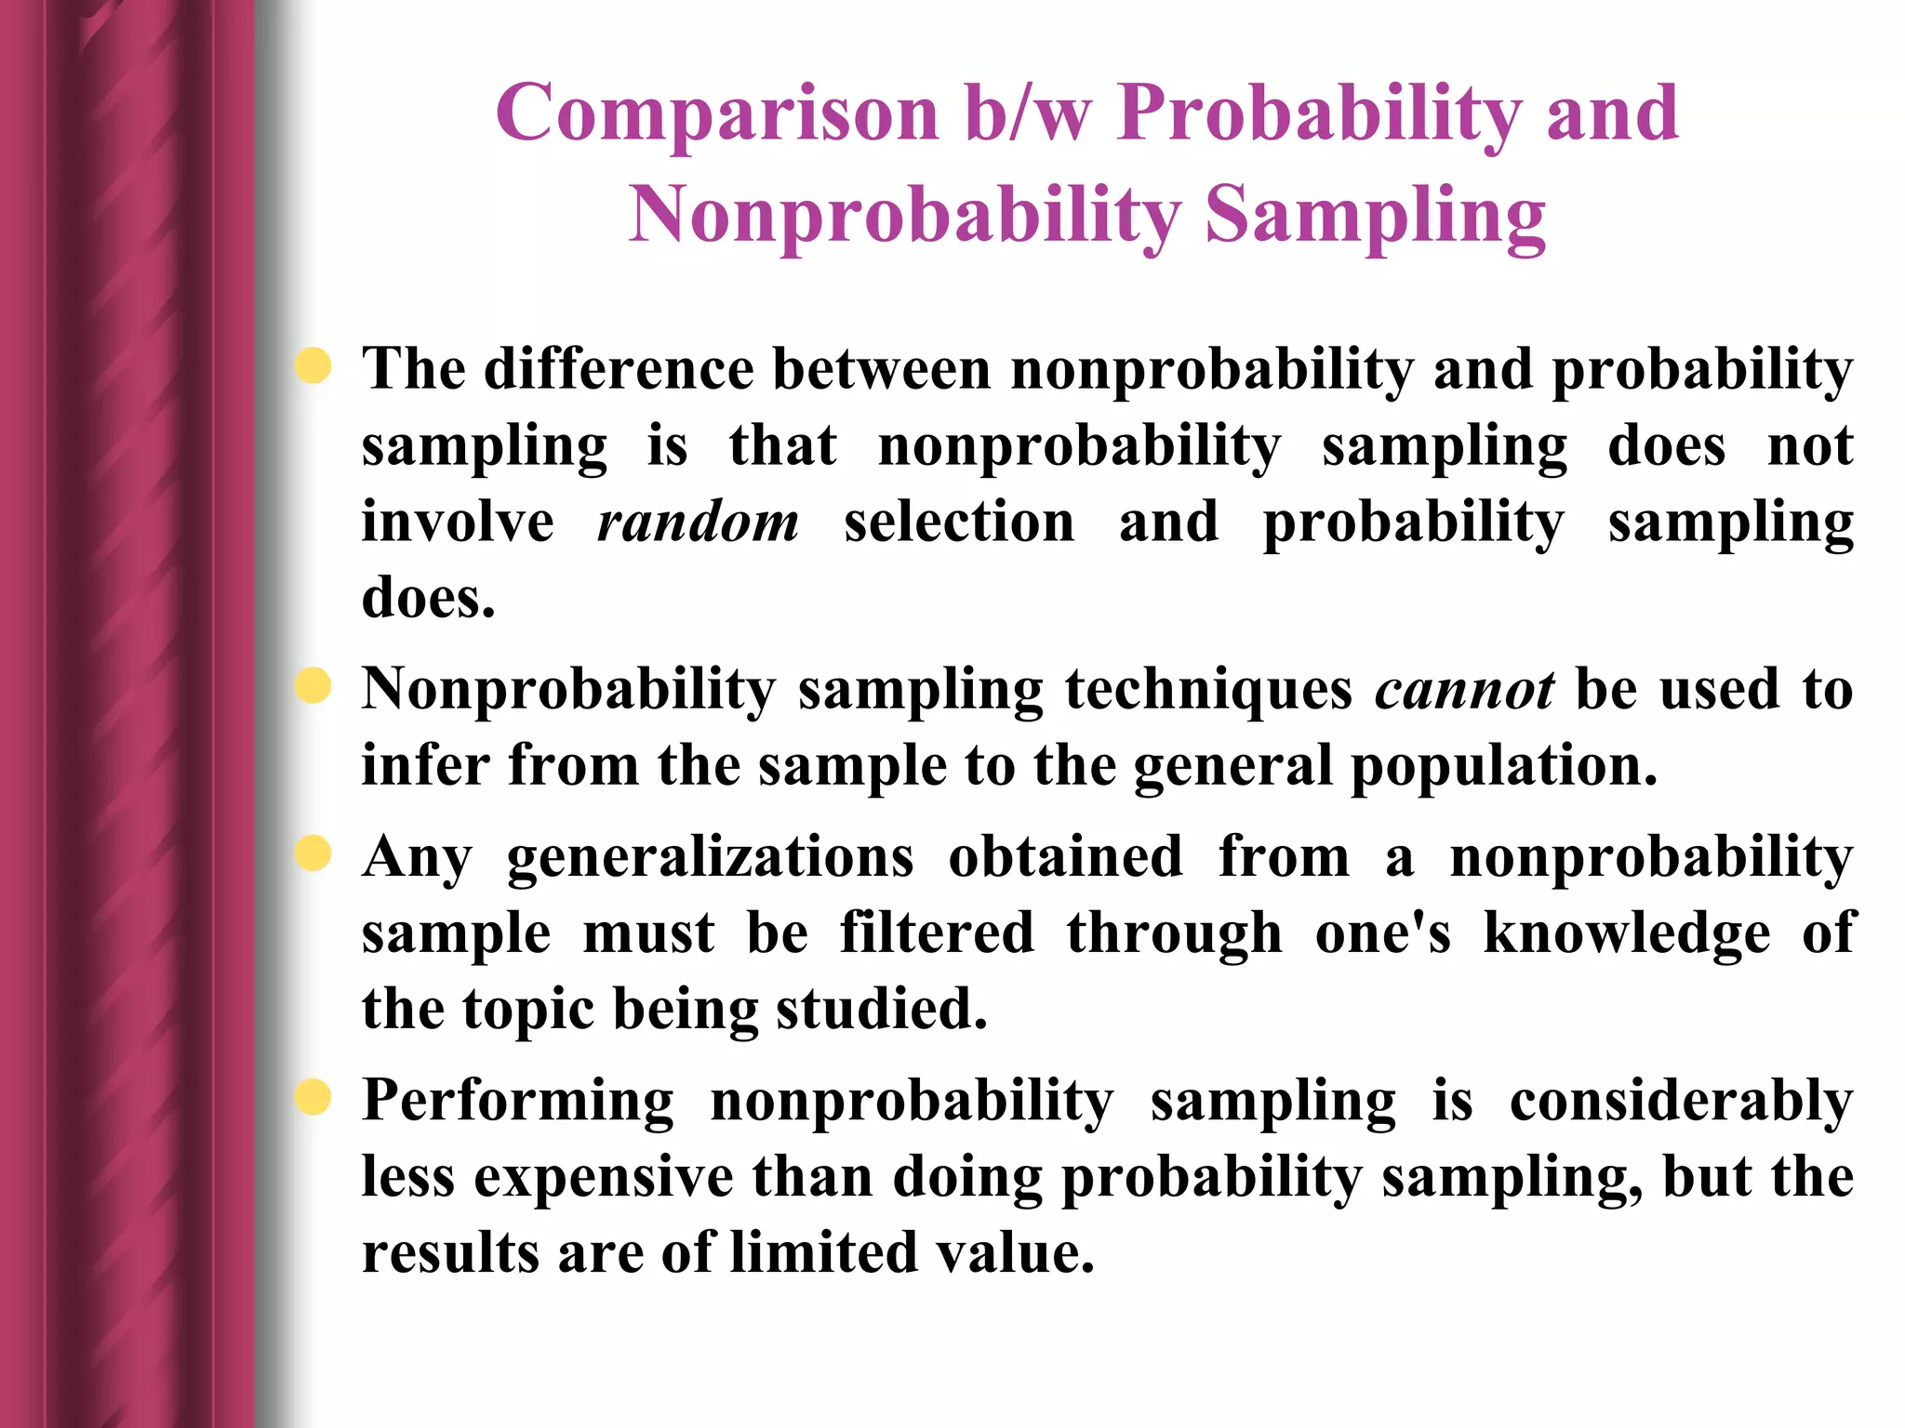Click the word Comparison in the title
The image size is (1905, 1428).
(x=717, y=114)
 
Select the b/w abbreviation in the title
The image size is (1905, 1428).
(x=1027, y=112)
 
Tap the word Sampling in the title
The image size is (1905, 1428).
(x=1375, y=216)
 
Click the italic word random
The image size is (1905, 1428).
(x=698, y=522)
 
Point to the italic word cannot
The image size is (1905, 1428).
(x=1464, y=690)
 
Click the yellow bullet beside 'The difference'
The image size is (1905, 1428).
(x=313, y=365)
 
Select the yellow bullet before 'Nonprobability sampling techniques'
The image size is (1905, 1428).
(x=313, y=686)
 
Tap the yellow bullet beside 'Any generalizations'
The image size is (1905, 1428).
(x=313, y=853)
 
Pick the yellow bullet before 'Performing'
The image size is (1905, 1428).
(x=313, y=1097)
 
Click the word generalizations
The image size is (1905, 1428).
(x=711, y=857)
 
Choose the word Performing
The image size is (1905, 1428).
(x=517, y=1102)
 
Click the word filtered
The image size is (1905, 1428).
(x=937, y=932)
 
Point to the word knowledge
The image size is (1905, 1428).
(x=1627, y=934)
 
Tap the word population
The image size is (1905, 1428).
(x=1503, y=766)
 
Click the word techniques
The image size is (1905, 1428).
(x=1208, y=692)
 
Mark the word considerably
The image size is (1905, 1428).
(x=1681, y=1102)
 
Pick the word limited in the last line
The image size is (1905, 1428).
(x=823, y=1253)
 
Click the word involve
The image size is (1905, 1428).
(x=458, y=522)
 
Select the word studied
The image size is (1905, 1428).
(x=881, y=1010)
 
